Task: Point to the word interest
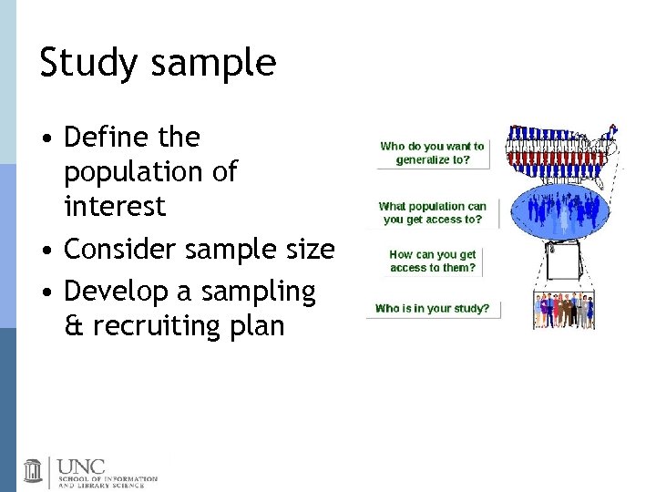click(115, 206)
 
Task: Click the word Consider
click(118, 248)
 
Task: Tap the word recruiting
click(160, 325)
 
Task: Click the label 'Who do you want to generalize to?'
click(432, 153)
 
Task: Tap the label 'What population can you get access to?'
click(433, 212)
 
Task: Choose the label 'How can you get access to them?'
click(433, 261)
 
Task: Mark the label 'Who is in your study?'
click(432, 308)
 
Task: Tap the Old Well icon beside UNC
click(34, 470)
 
